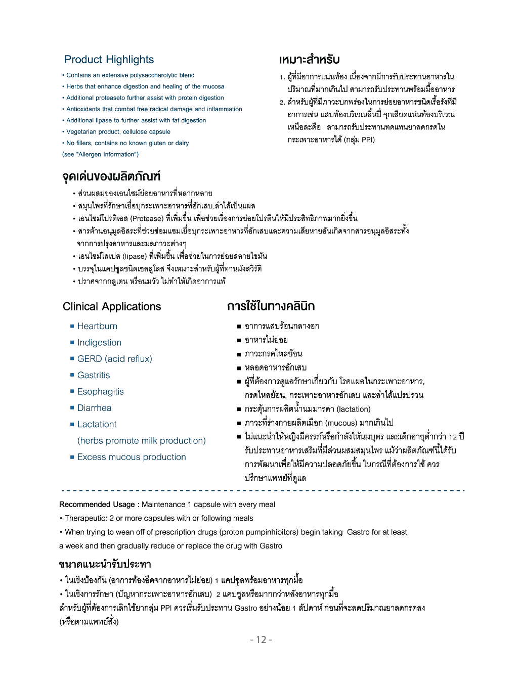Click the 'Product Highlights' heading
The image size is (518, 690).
pos(109,60)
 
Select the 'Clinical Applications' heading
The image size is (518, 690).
pos(112,306)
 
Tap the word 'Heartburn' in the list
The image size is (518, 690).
pos(97,326)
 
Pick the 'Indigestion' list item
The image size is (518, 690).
pos(99,342)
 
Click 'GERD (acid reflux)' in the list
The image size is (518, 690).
pos(114,359)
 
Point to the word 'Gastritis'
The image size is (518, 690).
pos(94,375)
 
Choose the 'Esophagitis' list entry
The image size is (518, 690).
pos(100,392)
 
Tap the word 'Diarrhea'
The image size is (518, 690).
pos(94,408)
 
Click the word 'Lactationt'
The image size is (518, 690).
pos(97,424)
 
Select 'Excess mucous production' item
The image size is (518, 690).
pos(132,457)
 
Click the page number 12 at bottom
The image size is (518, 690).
pos(261,639)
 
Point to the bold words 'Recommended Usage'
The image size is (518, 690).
pos(97,504)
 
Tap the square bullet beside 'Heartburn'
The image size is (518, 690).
pos(72,327)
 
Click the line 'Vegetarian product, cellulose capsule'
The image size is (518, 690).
pos(118,132)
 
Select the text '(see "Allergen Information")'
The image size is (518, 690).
pos(100,154)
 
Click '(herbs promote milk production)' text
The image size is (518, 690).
pos(141,441)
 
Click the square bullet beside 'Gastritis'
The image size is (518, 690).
pos(72,376)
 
